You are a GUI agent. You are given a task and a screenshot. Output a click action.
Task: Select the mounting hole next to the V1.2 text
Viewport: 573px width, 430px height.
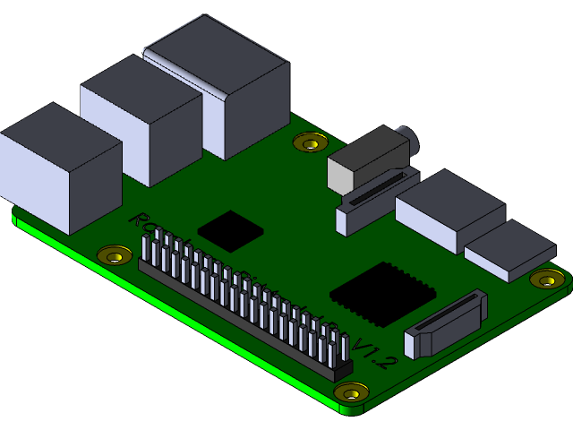point(351,391)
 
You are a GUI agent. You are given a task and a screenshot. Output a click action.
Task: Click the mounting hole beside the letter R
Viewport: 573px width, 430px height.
point(114,256)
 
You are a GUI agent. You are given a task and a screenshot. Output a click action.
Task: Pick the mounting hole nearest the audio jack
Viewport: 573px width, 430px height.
point(311,141)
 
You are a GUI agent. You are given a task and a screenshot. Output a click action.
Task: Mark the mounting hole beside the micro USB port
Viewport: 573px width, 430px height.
point(546,279)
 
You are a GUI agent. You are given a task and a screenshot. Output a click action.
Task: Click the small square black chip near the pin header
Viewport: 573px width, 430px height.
point(230,229)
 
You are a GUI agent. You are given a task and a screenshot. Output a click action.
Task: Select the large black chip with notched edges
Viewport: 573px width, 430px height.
point(383,295)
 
